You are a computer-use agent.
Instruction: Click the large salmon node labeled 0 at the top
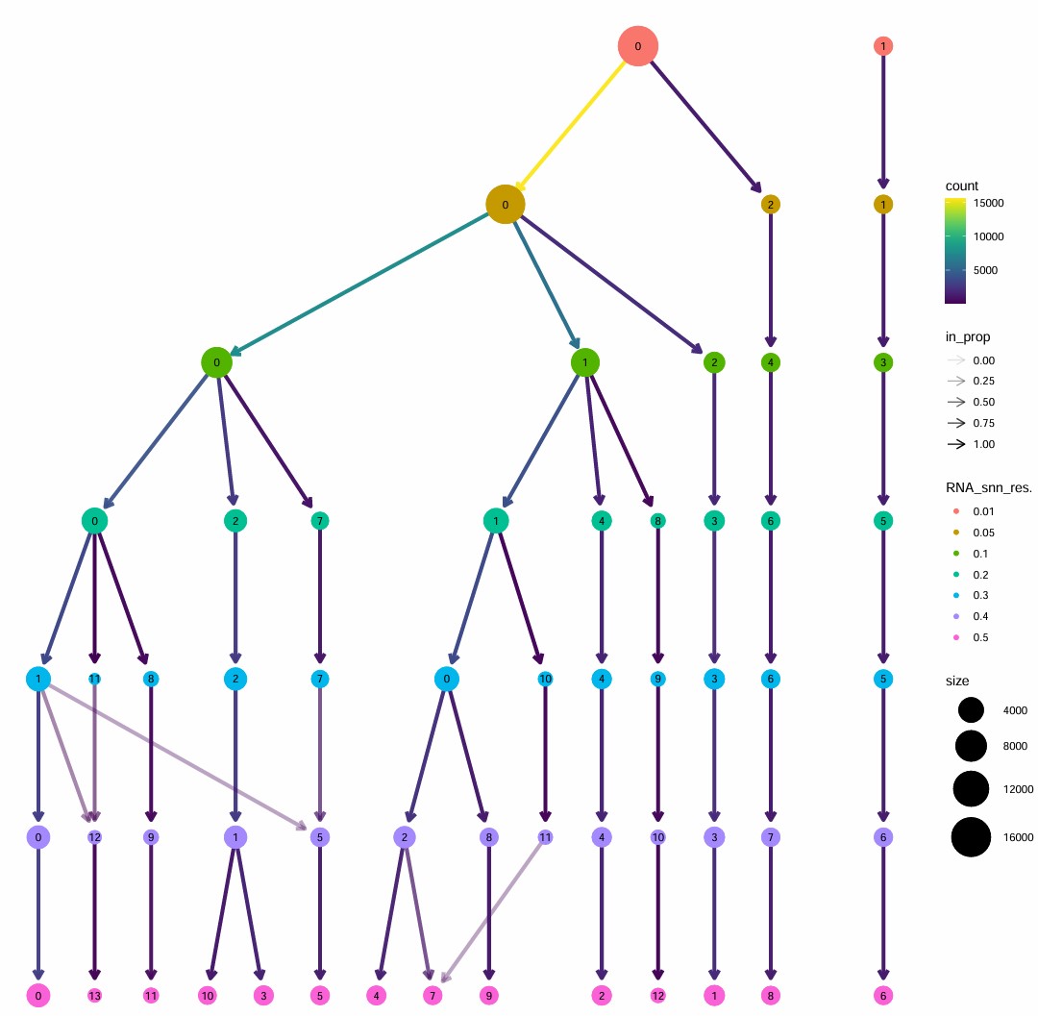click(x=637, y=45)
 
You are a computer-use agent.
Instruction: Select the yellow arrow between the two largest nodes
click(x=573, y=123)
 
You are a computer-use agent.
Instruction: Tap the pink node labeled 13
click(x=94, y=995)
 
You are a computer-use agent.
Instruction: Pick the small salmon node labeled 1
click(x=882, y=45)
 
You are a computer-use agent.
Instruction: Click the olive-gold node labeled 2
click(x=770, y=204)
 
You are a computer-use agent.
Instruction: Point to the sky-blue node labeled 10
click(x=546, y=679)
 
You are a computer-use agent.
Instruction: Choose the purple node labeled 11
click(x=546, y=837)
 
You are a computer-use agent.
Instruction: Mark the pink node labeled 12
click(x=657, y=995)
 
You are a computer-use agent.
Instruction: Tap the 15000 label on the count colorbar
click(x=989, y=203)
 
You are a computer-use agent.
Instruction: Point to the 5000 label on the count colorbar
click(x=986, y=270)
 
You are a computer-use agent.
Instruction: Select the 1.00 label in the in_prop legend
click(x=983, y=444)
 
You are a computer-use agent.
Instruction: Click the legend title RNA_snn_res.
click(x=989, y=488)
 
